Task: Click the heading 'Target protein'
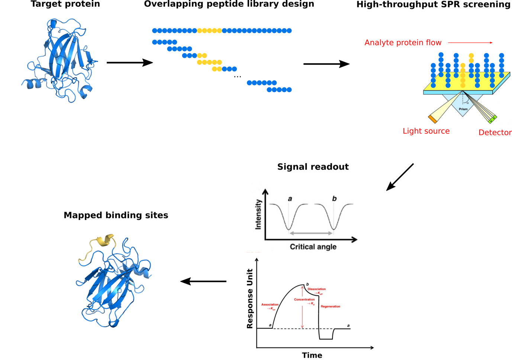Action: click(x=65, y=4)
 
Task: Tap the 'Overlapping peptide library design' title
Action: click(x=229, y=4)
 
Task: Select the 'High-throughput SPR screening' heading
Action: click(x=433, y=4)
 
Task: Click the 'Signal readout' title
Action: click(x=313, y=167)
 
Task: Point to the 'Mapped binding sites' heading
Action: click(x=116, y=215)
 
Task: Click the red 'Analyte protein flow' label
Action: click(x=403, y=43)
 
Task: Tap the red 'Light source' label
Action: click(x=426, y=131)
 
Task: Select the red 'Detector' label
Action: click(x=495, y=132)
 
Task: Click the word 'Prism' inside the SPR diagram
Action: click(x=463, y=109)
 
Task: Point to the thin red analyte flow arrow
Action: click(x=470, y=43)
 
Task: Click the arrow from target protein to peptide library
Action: click(x=129, y=62)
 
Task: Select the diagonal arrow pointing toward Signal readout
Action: click(x=400, y=177)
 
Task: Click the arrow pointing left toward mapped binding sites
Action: click(x=203, y=281)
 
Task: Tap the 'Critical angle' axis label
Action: click(x=313, y=247)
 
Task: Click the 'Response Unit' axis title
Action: click(x=250, y=299)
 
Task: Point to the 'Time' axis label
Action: click(x=312, y=355)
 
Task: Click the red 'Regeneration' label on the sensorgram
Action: click(x=330, y=306)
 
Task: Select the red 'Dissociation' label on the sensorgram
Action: click(x=316, y=289)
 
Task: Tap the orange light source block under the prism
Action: click(x=432, y=119)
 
